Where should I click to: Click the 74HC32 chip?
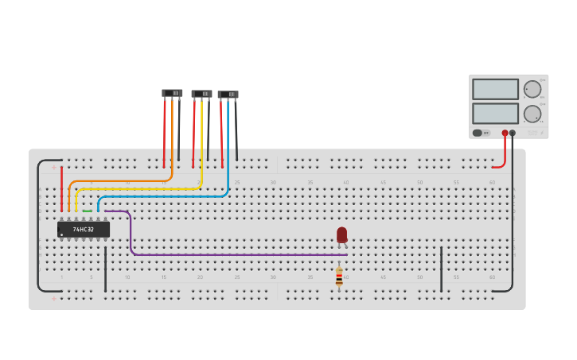[x=84, y=230]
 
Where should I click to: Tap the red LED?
[x=341, y=234]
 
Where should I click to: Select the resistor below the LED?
[x=339, y=277]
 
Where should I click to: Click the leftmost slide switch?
[x=172, y=93]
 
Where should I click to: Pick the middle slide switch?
[x=201, y=94]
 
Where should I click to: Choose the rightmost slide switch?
[x=228, y=95]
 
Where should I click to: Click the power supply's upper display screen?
[x=495, y=89]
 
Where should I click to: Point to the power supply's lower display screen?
[x=495, y=113]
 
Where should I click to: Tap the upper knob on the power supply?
[x=532, y=89]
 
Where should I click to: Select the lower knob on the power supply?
[x=532, y=114]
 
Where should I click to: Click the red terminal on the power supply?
[x=505, y=133]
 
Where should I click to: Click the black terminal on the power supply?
[x=513, y=133]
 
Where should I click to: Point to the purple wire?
[x=239, y=254]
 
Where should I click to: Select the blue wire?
[x=159, y=196]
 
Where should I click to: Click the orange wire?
[x=119, y=181]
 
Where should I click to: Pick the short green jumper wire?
[x=88, y=211]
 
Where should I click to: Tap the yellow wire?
[x=135, y=188]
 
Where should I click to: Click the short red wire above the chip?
[x=61, y=189]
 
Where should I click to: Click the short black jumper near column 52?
[x=441, y=269]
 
